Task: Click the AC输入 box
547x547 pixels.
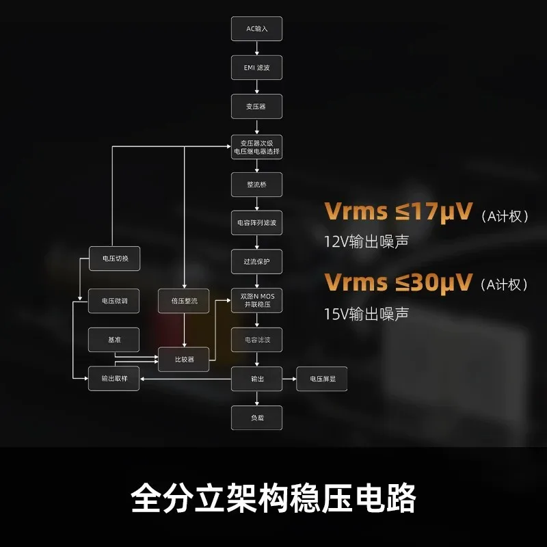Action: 257,29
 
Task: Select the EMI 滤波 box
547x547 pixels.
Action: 257,68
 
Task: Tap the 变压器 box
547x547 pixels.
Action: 257,107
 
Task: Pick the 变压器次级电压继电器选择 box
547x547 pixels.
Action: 257,147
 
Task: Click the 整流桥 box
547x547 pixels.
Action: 257,185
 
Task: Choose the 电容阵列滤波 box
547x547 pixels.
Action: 257,223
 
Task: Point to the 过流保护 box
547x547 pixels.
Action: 257,262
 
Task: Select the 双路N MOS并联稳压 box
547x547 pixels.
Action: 257,300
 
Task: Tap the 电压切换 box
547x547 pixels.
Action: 114,258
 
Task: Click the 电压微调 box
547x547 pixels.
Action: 114,301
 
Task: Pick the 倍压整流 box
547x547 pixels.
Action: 183,301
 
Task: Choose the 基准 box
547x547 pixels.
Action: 114,340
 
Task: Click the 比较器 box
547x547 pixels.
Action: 183,360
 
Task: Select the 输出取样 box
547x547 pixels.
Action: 114,379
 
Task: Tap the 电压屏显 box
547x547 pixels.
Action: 321,379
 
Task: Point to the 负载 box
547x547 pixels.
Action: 257,418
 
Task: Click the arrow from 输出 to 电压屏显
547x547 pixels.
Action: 289,379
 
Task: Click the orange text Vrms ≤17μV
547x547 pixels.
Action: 398,211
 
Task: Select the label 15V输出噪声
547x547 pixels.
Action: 366,314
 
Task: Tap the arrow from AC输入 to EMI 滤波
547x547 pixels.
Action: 257,48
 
